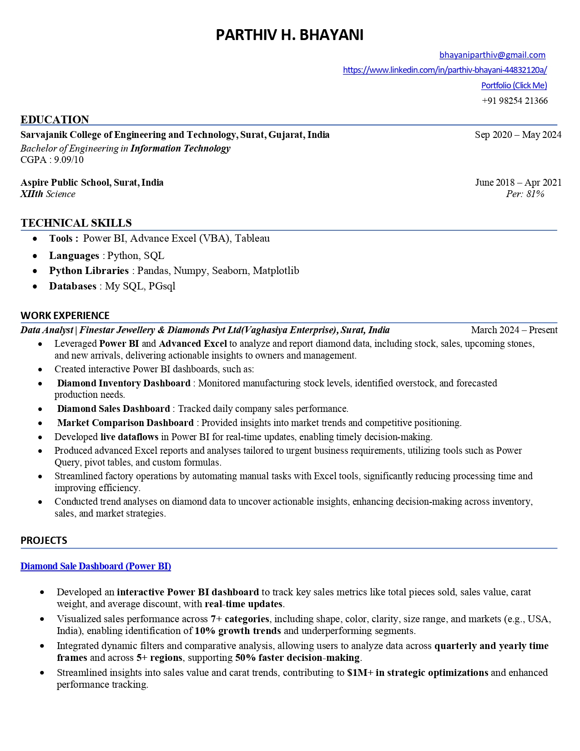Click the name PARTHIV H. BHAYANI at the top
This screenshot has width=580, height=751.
point(289,35)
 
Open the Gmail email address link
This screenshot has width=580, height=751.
point(492,55)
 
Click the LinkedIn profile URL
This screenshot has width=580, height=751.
point(444,70)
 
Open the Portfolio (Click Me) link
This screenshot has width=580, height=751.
point(514,86)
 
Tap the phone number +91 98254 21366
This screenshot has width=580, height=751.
point(514,101)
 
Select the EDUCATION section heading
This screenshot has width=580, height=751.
point(55,120)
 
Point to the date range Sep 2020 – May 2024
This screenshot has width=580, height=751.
point(518,135)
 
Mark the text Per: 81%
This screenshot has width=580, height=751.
point(525,194)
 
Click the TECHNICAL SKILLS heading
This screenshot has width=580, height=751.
point(76,223)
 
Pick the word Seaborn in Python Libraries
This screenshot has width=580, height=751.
point(230,271)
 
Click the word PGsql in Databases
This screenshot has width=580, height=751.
point(162,286)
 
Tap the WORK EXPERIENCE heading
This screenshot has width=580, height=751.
point(65,316)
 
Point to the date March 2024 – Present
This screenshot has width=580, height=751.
point(514,330)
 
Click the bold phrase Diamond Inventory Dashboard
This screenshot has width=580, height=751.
point(124,383)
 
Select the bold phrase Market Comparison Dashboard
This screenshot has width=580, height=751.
point(126,423)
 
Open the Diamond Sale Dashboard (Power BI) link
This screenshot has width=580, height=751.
point(96,566)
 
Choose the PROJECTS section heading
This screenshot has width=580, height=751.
point(44,541)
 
